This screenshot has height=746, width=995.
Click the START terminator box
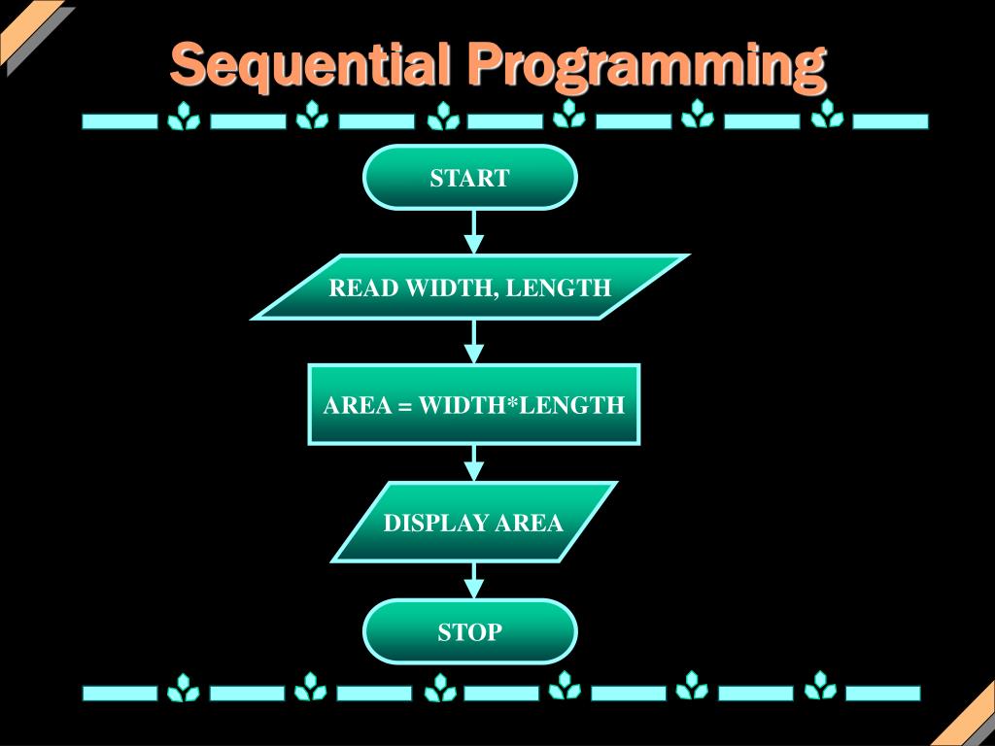click(470, 178)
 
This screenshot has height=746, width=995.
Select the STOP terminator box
click(470, 632)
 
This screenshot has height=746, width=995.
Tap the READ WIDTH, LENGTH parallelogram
click(470, 288)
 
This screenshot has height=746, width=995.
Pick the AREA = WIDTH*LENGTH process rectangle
click(474, 405)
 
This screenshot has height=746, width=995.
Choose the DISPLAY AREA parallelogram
click(473, 523)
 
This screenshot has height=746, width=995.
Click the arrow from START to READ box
click(473, 232)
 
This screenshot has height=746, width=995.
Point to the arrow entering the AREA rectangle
click(473, 342)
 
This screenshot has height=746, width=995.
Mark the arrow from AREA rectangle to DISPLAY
click(473, 463)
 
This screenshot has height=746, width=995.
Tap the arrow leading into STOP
click(473, 581)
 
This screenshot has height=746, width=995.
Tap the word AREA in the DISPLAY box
click(529, 524)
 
